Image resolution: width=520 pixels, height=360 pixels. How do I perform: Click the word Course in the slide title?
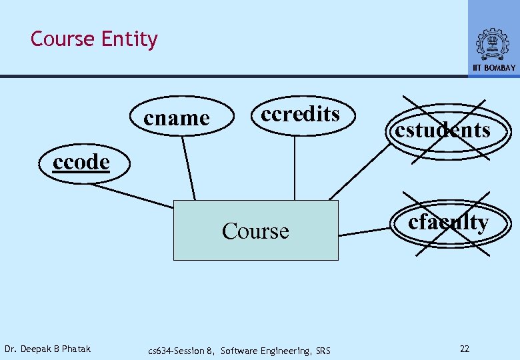point(63,39)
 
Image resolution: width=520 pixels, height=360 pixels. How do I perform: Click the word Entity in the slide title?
point(129,39)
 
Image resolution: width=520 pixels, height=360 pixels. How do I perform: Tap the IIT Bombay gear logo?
point(493,44)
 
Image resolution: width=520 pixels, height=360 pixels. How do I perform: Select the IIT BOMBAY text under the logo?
point(494,68)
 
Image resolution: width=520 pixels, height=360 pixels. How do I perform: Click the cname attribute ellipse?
point(177,118)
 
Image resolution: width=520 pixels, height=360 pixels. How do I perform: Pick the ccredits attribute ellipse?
point(300,114)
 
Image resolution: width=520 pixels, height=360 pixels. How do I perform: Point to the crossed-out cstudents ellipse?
point(442,129)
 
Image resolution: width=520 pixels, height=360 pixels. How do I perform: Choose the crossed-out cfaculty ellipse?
point(448,221)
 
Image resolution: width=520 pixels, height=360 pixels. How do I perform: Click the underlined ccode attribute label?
point(81,162)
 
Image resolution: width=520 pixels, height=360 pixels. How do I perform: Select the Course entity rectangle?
point(255,231)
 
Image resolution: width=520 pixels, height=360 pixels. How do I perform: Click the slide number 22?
point(465,349)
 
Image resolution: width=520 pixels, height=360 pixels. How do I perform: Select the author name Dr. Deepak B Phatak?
point(47,349)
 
